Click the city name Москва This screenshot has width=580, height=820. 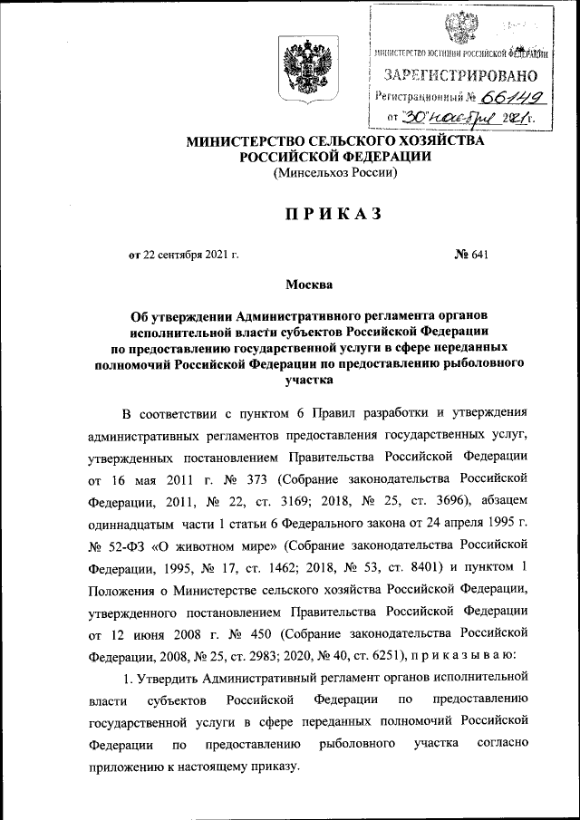tap(309, 285)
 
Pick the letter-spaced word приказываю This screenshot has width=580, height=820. tap(463, 653)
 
